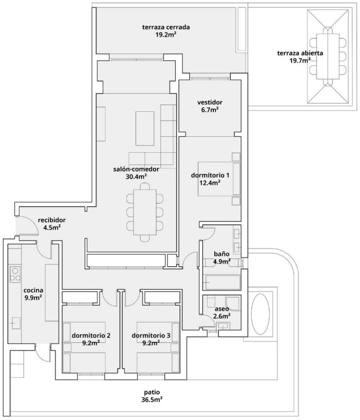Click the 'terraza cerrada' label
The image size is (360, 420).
166,27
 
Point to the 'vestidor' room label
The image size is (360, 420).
210,103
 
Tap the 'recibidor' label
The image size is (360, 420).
52,220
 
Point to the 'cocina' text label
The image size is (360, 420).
33,290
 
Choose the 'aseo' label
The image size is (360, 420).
221,309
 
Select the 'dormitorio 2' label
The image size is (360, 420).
91,335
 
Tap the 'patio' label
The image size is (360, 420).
152,392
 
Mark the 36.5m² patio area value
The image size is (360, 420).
152,399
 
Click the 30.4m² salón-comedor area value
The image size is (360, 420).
136,177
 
